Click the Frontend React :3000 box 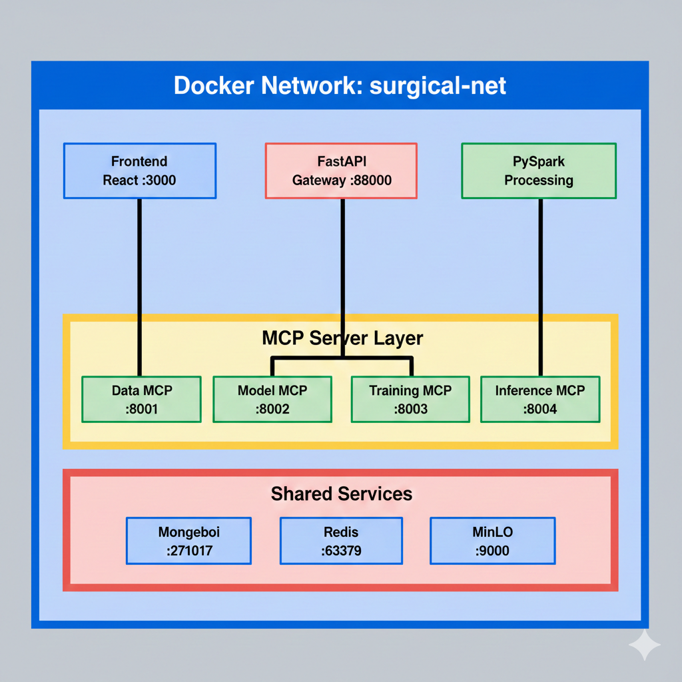[140, 170]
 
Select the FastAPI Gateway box [341, 170]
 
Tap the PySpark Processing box [539, 170]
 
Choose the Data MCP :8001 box [141, 399]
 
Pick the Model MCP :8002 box [272, 399]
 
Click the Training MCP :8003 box [410, 399]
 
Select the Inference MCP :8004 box [540, 399]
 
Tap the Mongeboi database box [189, 541]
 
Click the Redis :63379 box [341, 541]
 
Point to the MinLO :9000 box [493, 541]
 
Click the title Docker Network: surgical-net [340, 86]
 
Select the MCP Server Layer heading [342, 338]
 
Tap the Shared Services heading [341, 494]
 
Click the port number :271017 [189, 551]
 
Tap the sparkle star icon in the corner [644, 644]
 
